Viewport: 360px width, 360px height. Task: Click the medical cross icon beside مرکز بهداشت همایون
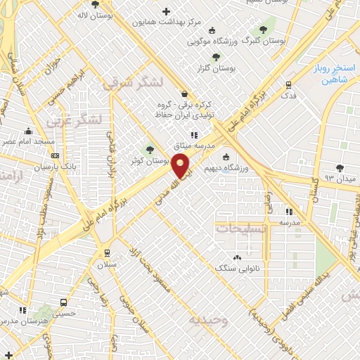coord(166,11)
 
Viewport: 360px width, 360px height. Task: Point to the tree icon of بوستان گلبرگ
coord(263,30)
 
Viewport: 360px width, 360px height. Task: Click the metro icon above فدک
coord(288,84)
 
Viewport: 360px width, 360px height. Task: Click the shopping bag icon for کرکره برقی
coord(184,94)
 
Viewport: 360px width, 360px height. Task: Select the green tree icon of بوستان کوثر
coord(148,149)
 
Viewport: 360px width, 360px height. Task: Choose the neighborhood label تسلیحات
coord(241,229)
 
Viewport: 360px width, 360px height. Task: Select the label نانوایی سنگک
coord(236,268)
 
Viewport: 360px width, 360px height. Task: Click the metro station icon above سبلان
coord(107,254)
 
